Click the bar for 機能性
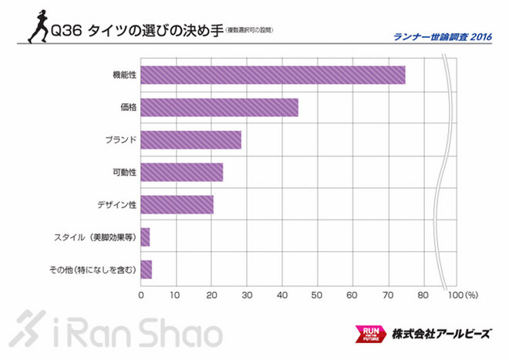tap(273, 75)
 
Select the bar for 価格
tap(219, 107)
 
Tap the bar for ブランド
tap(191, 140)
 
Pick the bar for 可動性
tap(182, 172)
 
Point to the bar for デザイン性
tap(177, 204)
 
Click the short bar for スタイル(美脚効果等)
tap(145, 237)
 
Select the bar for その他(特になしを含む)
tap(147, 269)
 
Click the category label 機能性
tap(124, 75)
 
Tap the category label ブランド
tap(120, 140)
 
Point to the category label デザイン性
tap(116, 204)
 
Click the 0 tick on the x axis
tap(141, 294)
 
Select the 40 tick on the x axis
tap(282, 294)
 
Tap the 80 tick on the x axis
tap(423, 294)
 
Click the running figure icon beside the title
tap(36, 28)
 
